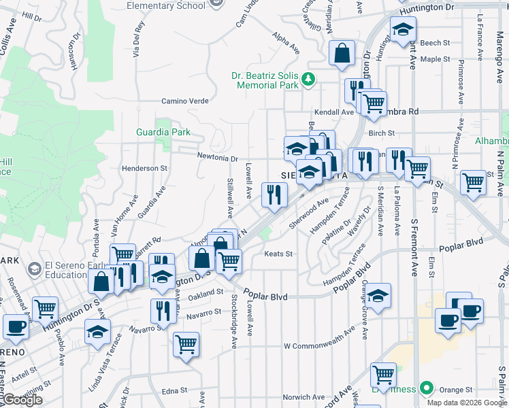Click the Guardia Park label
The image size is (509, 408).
click(x=163, y=131)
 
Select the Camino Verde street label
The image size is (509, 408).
click(x=184, y=101)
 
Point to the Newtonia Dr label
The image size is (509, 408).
click(x=216, y=158)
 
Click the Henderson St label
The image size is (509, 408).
click(x=144, y=168)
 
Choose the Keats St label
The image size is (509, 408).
click(x=278, y=254)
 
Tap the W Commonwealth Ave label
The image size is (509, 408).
click(x=318, y=346)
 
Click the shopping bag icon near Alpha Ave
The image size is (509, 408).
click(x=342, y=53)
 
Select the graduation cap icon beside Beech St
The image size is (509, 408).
click(x=403, y=29)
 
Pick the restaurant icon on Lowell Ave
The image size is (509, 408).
click(x=274, y=195)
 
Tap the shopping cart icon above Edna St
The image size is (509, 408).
click(x=186, y=343)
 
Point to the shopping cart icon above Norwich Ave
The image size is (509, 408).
click(x=383, y=374)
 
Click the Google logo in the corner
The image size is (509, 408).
click(x=22, y=401)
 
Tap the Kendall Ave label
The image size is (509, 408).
click(x=333, y=112)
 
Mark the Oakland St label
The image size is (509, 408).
click(x=206, y=293)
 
